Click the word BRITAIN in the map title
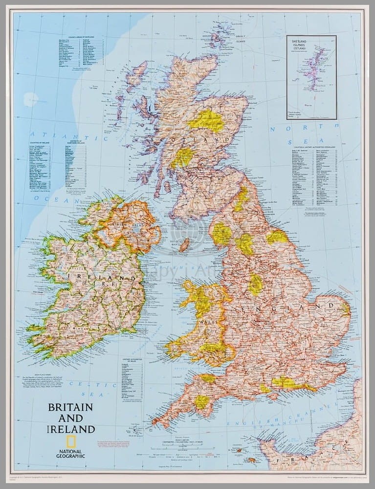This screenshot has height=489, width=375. pos(70,407)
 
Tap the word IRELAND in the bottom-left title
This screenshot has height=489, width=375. pos(71,429)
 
